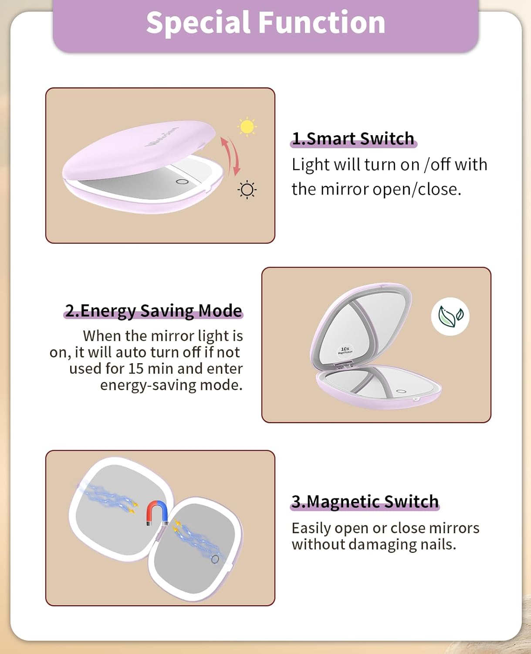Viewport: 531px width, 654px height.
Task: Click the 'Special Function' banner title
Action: click(266, 22)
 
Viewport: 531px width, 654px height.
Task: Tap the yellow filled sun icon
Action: click(247, 126)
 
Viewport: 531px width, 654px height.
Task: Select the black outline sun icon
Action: click(247, 190)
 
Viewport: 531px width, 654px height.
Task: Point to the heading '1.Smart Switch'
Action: click(353, 139)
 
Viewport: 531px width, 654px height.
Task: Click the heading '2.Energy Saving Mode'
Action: click(153, 310)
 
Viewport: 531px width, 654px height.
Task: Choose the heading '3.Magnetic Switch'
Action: click(365, 501)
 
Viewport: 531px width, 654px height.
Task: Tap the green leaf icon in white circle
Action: click(450, 316)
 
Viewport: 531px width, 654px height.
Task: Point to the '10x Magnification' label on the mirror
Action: click(345, 351)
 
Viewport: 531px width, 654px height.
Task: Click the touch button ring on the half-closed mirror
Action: click(182, 181)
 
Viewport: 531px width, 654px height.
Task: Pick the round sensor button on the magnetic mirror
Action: click(215, 559)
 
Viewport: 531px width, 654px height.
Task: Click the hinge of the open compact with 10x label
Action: click(344, 365)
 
